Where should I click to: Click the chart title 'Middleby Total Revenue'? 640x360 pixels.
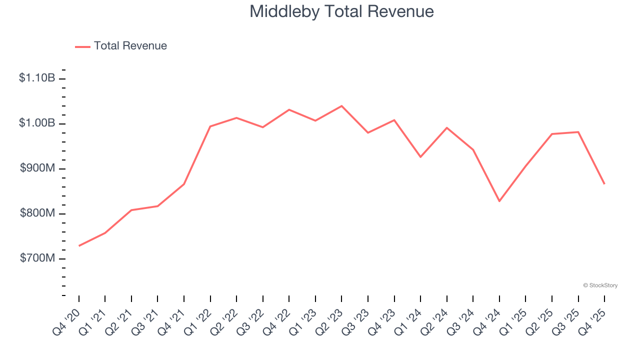(x=341, y=11)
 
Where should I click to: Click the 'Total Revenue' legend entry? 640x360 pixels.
(x=130, y=46)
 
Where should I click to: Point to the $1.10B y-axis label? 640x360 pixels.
(x=37, y=78)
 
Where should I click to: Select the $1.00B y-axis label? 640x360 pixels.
(x=37, y=123)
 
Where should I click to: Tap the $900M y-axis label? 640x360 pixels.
(x=37, y=168)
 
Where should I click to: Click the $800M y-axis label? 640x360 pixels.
(x=37, y=213)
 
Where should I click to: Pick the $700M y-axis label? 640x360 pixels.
(x=37, y=258)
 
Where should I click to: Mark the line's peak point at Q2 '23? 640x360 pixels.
(x=341, y=106)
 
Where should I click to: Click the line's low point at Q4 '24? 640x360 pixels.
(x=499, y=201)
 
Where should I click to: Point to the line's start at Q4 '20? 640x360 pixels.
(x=79, y=245)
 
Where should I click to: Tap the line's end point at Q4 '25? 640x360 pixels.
(x=604, y=183)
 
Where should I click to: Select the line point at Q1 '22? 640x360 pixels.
(x=210, y=126)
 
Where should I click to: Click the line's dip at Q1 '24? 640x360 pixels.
(x=420, y=157)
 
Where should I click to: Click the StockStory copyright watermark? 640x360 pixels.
(x=600, y=285)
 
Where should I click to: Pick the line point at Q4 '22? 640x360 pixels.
(x=289, y=109)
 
